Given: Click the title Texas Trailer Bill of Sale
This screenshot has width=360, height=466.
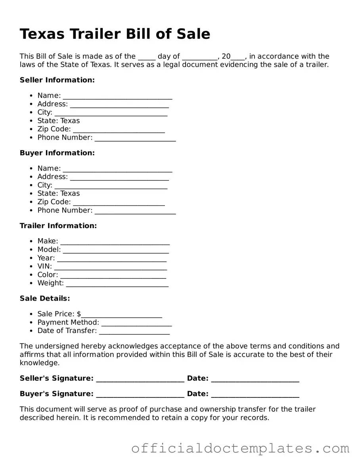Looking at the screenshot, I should point(115,34).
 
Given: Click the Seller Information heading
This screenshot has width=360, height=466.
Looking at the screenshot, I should point(57,80).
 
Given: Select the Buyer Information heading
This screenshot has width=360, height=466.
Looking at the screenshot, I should point(57,153).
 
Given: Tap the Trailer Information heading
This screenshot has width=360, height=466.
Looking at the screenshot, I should point(58,226).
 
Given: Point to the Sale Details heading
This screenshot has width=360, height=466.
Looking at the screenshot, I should point(45,299).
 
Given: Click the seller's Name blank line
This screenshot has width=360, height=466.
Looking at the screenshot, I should point(117,96).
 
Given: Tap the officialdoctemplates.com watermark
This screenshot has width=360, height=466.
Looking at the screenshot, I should point(240,449).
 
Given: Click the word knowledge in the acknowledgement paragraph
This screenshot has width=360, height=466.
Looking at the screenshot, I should point(39,363).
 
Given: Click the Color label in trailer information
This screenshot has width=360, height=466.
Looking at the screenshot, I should point(48,275).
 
